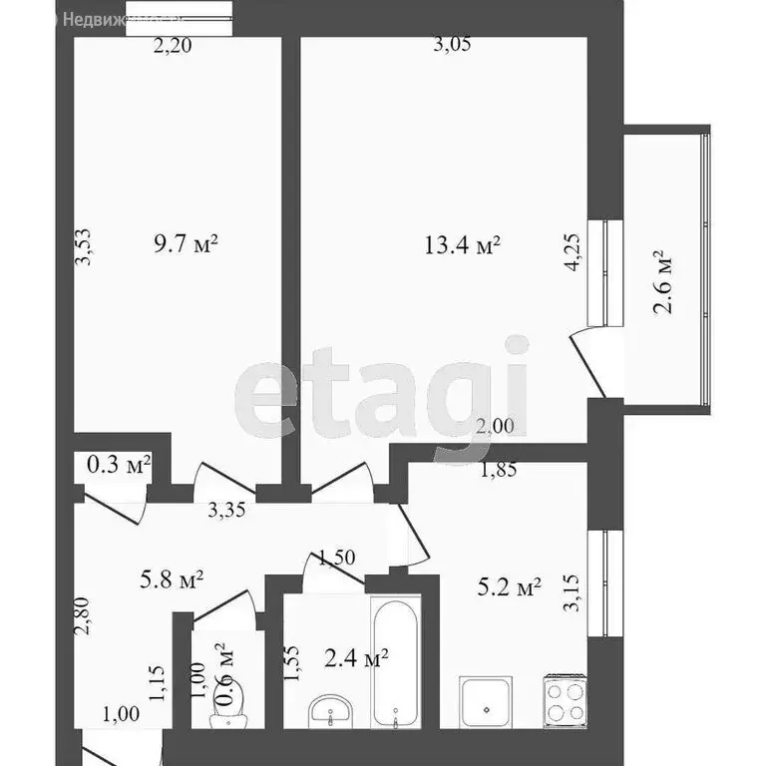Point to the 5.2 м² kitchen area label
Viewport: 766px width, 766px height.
tap(508, 587)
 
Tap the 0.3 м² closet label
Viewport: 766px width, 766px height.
tap(119, 463)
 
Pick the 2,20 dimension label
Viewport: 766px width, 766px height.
tap(173, 43)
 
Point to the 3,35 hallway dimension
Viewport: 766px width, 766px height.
tap(227, 512)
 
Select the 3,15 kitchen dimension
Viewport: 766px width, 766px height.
tap(574, 591)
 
